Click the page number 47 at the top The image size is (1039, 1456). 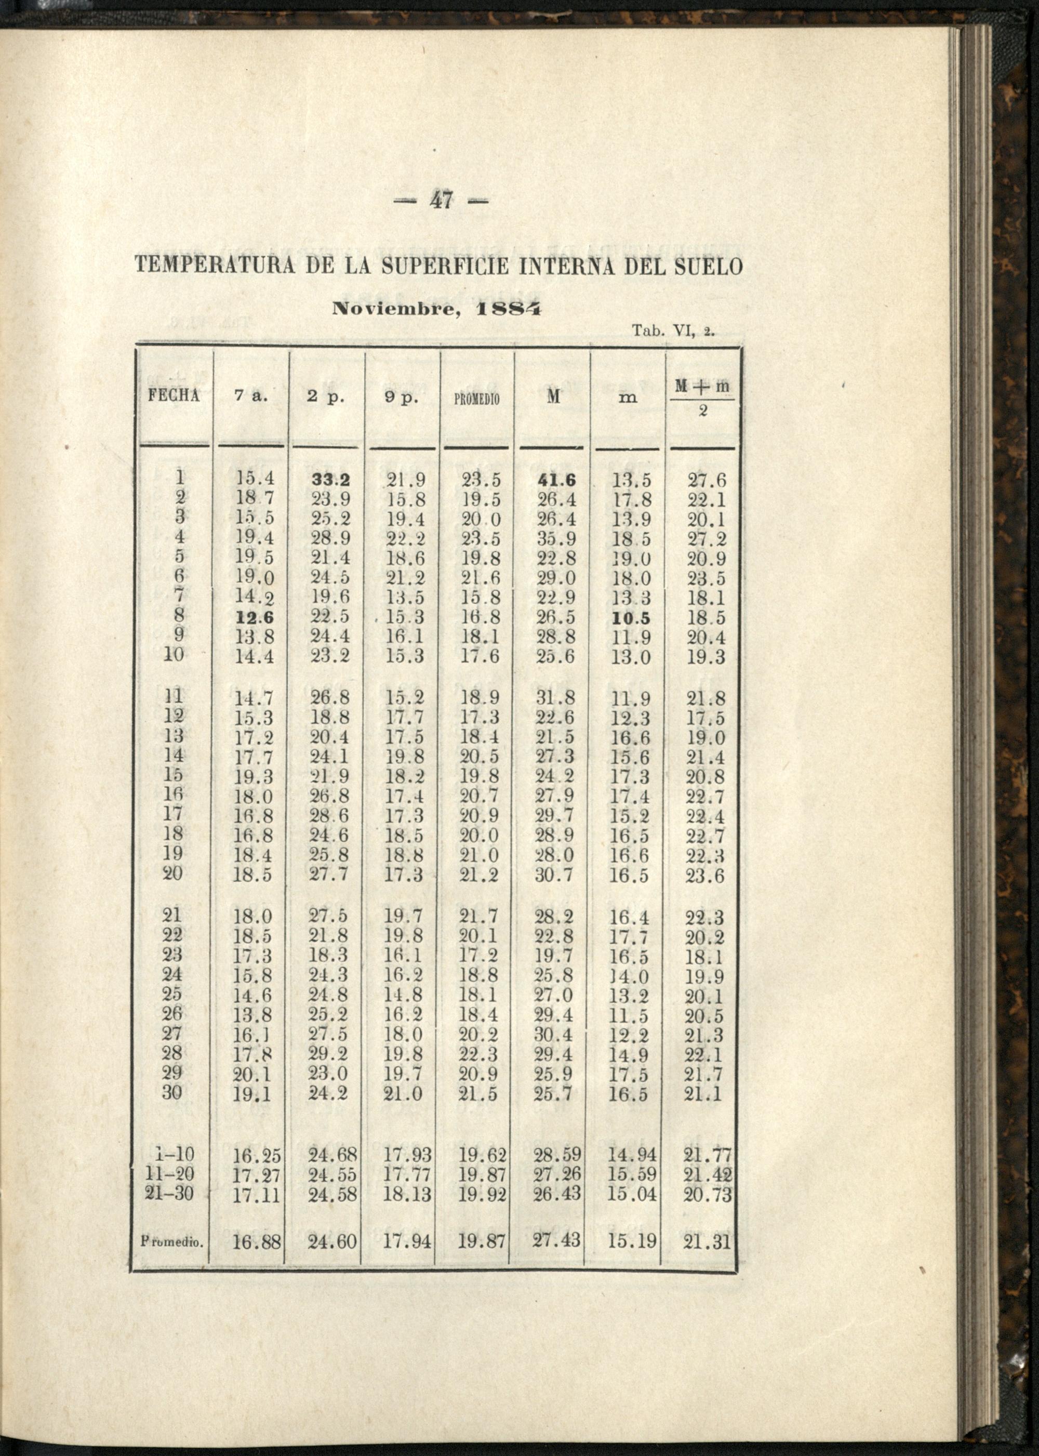[441, 201]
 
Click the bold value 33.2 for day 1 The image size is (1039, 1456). [329, 480]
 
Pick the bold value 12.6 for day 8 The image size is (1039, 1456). [254, 618]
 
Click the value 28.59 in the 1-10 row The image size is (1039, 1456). [556, 1155]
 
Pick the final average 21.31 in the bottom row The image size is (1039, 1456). [707, 1243]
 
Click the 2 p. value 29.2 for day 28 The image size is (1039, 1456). [329, 1053]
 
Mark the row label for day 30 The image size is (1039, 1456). [173, 1092]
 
